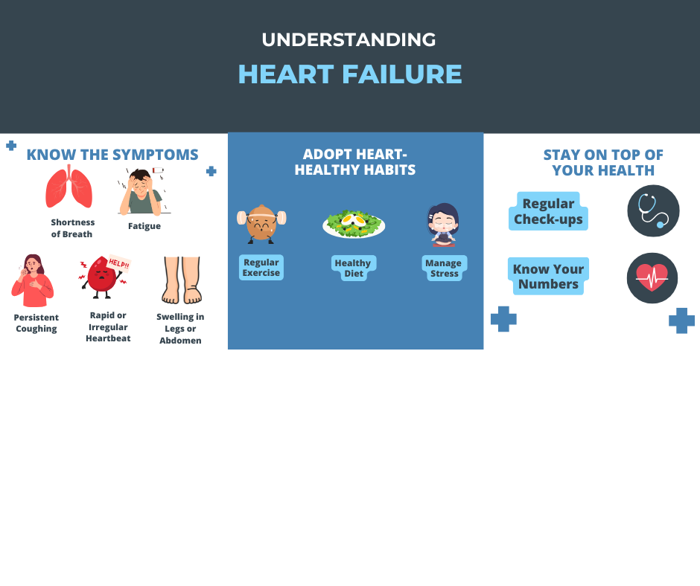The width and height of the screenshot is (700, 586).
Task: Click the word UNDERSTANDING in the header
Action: tap(349, 39)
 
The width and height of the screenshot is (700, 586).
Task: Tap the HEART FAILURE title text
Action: tap(350, 74)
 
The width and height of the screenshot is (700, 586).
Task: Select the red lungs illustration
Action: tap(69, 187)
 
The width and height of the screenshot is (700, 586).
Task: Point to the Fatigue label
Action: tap(144, 226)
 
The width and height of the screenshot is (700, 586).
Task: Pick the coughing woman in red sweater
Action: tap(33, 280)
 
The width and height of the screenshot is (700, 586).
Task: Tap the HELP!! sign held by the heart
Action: tap(119, 263)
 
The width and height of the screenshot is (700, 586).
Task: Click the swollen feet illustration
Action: tap(181, 280)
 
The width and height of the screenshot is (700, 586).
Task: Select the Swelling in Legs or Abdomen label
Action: tap(180, 329)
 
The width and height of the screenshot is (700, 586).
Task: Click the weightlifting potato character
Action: tap(261, 224)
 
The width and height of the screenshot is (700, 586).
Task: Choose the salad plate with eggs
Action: tap(354, 224)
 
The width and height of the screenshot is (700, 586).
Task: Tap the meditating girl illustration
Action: tap(443, 225)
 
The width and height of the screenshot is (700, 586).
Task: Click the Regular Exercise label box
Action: tap(261, 268)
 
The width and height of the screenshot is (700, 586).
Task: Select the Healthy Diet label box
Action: tap(354, 268)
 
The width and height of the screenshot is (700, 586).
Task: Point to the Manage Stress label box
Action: tap(444, 268)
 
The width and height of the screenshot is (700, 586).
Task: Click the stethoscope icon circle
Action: tap(653, 211)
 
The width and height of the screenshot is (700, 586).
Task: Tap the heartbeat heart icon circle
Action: tap(652, 278)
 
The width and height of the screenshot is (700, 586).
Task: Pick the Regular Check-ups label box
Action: tap(548, 211)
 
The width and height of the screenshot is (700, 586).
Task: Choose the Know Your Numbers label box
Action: tap(548, 277)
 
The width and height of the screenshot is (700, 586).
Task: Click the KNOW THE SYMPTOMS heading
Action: tap(112, 155)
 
